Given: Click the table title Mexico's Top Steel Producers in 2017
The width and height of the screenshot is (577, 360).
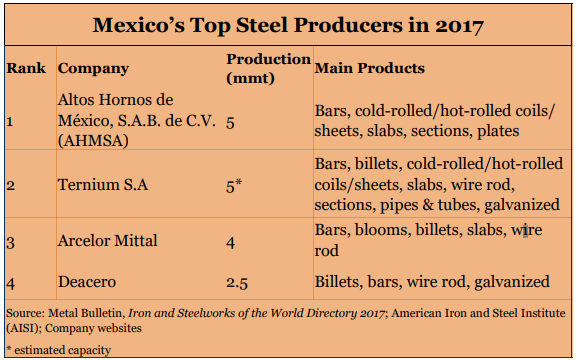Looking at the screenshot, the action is pyautogui.click(x=288, y=25).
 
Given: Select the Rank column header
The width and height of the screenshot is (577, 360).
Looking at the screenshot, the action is pyautogui.click(x=26, y=68).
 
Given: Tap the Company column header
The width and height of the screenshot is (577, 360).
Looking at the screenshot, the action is pyautogui.click(x=93, y=69).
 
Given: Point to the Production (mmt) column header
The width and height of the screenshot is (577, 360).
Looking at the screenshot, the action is pyautogui.click(x=268, y=68).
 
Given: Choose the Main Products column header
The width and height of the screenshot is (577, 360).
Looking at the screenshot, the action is pyautogui.click(x=369, y=68).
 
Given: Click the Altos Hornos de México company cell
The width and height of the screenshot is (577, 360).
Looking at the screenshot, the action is pyautogui.click(x=137, y=120).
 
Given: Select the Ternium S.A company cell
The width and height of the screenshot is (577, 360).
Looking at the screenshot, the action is pyautogui.click(x=103, y=184).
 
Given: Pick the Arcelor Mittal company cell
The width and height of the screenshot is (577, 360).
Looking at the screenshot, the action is pyautogui.click(x=107, y=241).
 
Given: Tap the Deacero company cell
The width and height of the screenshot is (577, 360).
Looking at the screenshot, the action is pyautogui.click(x=87, y=282).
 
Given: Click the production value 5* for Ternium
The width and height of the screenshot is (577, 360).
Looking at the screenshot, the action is pyautogui.click(x=234, y=186).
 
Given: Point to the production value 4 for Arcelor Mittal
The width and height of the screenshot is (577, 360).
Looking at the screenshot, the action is pyautogui.click(x=230, y=243).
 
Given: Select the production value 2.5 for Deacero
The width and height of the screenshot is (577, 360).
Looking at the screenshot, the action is pyautogui.click(x=237, y=283).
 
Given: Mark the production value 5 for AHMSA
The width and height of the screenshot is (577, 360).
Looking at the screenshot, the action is pyautogui.click(x=230, y=123).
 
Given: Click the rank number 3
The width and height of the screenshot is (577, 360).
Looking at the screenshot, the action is pyautogui.click(x=11, y=243).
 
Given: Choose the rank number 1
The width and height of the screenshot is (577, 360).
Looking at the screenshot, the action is pyautogui.click(x=10, y=121).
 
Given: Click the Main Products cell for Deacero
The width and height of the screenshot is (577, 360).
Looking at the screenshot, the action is pyautogui.click(x=432, y=282).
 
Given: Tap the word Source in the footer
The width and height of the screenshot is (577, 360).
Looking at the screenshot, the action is pyautogui.click(x=25, y=313).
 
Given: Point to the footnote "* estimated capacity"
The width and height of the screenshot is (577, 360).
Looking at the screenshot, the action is pyautogui.click(x=59, y=350).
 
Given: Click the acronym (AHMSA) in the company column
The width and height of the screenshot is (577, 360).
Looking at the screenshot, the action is pyautogui.click(x=93, y=141).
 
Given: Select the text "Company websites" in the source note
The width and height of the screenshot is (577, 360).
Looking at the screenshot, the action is pyautogui.click(x=93, y=328).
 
